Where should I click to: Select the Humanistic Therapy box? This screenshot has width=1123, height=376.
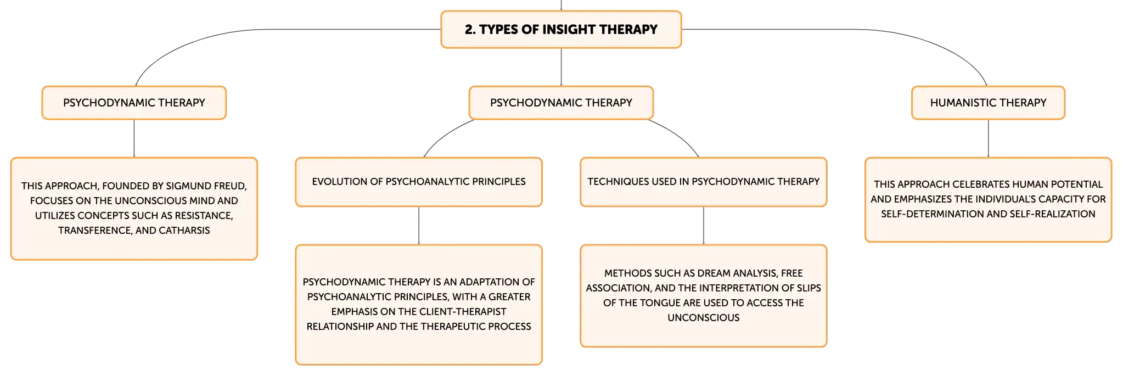[988, 103]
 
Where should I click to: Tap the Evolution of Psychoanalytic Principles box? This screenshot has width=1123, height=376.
[419, 182]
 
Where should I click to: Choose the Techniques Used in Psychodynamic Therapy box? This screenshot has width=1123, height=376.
[703, 182]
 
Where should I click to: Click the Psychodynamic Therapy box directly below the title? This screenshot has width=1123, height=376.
[561, 103]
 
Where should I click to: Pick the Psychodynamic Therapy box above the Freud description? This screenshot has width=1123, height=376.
[134, 103]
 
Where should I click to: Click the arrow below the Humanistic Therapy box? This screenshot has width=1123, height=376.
[988, 138]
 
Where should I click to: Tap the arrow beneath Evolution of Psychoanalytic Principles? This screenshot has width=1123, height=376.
[419, 226]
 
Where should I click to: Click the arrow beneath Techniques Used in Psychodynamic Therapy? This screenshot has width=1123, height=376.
[703, 226]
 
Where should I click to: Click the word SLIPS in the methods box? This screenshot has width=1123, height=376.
[808, 288]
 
